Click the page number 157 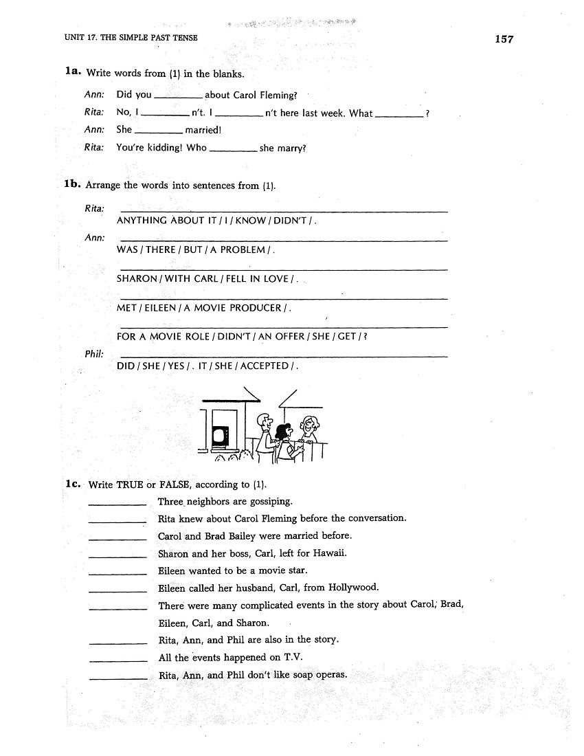coord(504,39)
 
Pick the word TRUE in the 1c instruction coord(130,485)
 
